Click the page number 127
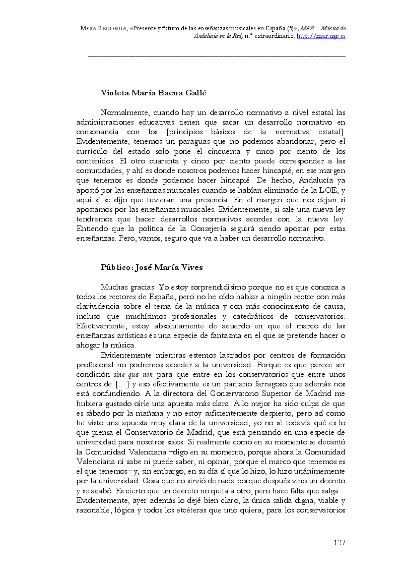click(339, 543)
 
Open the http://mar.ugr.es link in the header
click(321, 36)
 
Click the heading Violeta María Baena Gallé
click(147, 93)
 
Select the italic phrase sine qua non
click(133, 375)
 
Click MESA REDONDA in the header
click(103, 29)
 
